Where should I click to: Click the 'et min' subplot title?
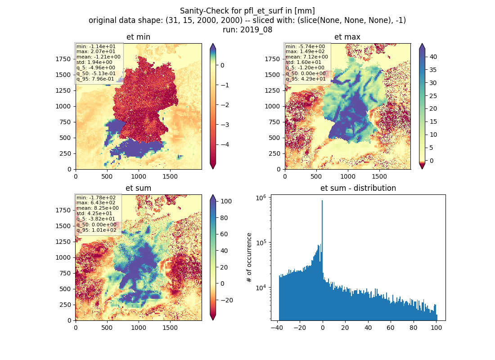(138, 37)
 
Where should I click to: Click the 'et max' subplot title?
(347, 37)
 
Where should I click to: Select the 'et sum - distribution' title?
(358, 188)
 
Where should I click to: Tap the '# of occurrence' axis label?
(249, 258)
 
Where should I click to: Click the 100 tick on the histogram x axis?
(436, 328)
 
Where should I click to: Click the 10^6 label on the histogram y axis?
(261, 198)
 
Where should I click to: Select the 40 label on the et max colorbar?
(433, 57)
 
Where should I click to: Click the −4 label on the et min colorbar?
(225, 144)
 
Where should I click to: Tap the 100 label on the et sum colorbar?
(226, 202)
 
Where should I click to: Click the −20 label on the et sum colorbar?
(226, 300)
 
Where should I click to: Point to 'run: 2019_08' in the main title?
(247, 30)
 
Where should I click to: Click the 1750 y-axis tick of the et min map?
(63, 59)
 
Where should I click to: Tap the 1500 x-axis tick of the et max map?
(379, 176)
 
